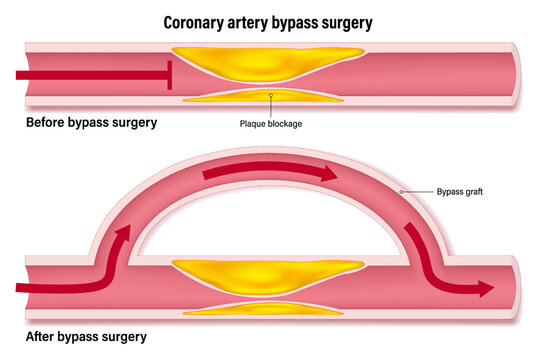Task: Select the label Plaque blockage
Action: [x=271, y=124]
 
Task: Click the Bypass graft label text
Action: [x=460, y=191]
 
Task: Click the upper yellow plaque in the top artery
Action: [x=270, y=66]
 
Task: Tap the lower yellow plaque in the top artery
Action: [x=270, y=98]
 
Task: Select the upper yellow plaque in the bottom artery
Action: [x=270, y=274]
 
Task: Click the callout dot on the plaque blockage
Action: [x=271, y=97]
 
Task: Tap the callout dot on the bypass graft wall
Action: [x=401, y=190]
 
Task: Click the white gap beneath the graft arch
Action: [x=270, y=235]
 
